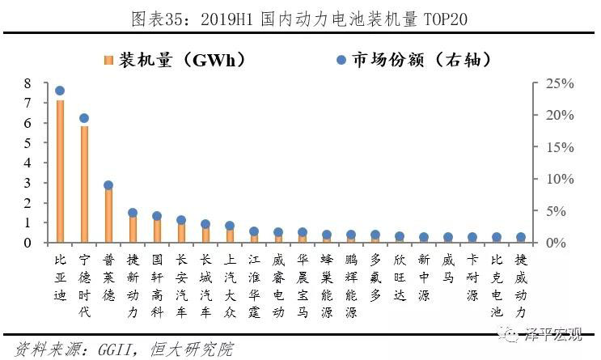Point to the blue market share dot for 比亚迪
pyautogui.click(x=60, y=91)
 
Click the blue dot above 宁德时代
pyautogui.click(x=84, y=118)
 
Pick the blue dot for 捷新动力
pyautogui.click(x=133, y=213)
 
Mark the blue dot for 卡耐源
pyautogui.click(x=472, y=238)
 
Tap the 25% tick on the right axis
pyautogui.click(x=559, y=83)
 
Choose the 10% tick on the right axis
pyautogui.click(x=559, y=179)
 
